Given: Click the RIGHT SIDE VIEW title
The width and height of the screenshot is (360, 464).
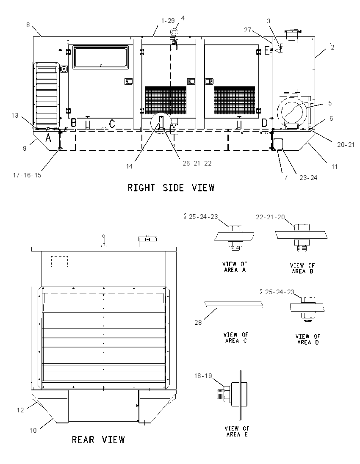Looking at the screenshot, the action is pyautogui.click(x=171, y=188).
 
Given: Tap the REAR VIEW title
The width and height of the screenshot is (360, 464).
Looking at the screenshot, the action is pyautogui.click(x=98, y=440).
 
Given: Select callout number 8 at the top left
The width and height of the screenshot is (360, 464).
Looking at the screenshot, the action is pyautogui.click(x=28, y=25).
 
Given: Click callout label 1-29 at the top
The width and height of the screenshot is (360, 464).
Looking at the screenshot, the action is pyautogui.click(x=168, y=21).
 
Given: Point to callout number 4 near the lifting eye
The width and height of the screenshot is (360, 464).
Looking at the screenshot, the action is pyautogui.click(x=183, y=18).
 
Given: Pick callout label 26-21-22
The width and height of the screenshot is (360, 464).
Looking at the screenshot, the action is pyautogui.click(x=197, y=163).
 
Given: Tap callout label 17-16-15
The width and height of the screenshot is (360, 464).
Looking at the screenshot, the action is pyautogui.click(x=27, y=175).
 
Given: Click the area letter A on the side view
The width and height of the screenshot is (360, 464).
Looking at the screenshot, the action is pyautogui.click(x=48, y=138).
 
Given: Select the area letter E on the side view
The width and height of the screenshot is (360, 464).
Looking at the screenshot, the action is pyautogui.click(x=267, y=51).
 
